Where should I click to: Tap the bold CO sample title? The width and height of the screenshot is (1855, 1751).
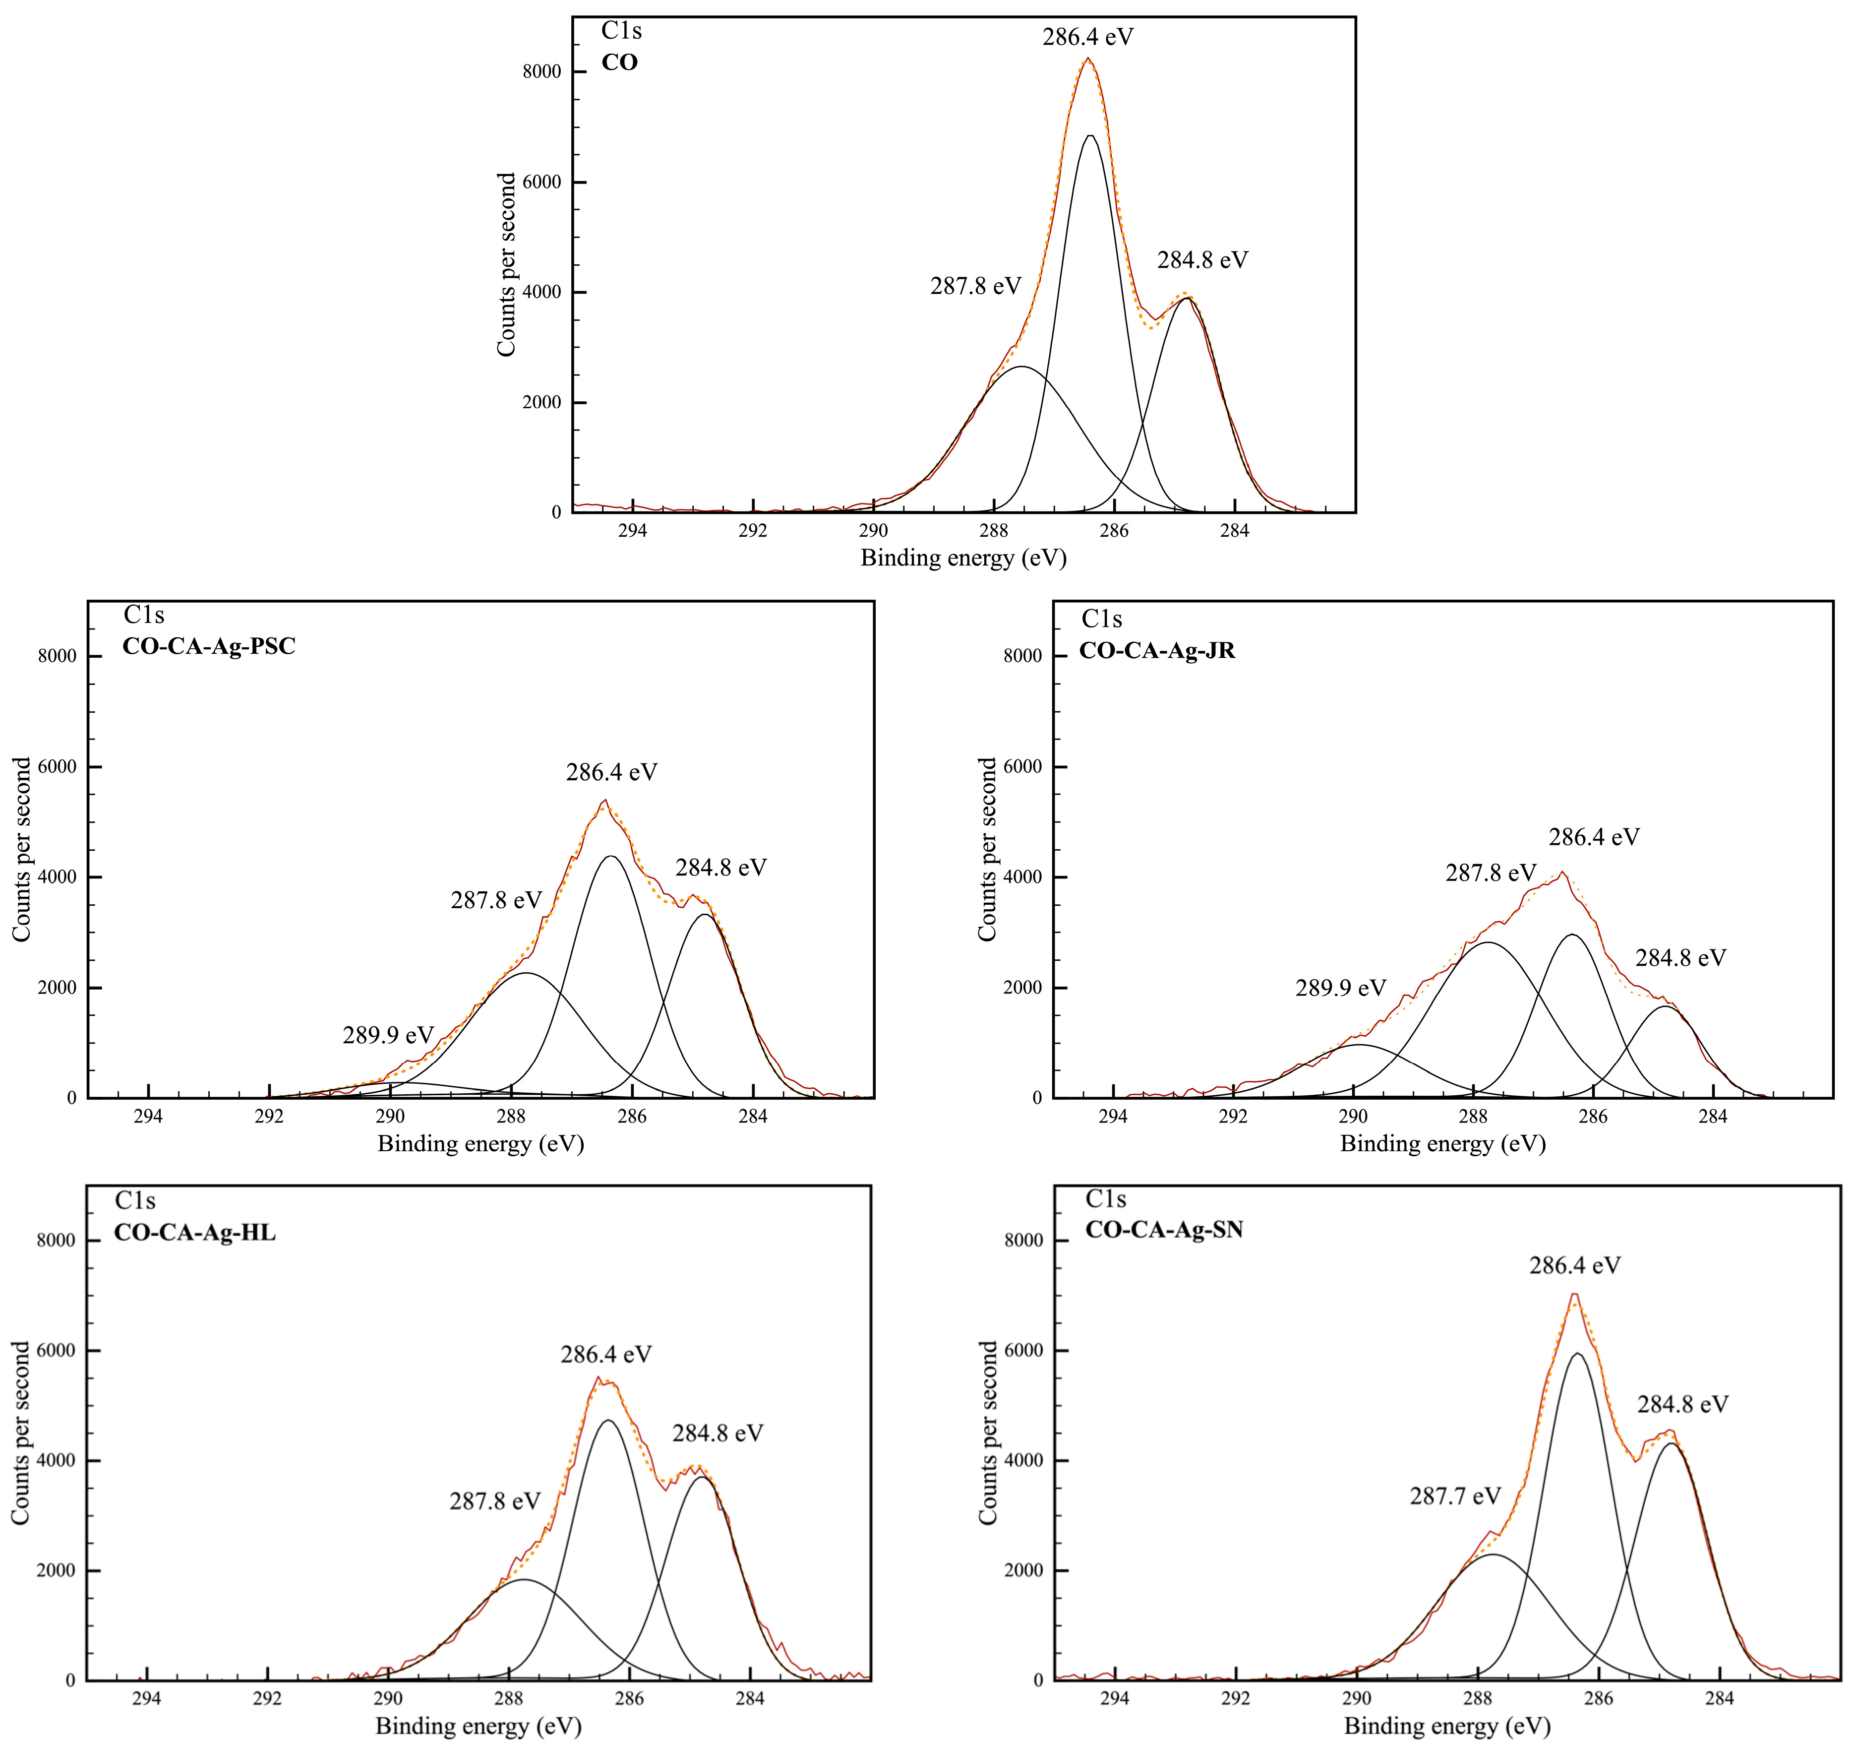[620, 63]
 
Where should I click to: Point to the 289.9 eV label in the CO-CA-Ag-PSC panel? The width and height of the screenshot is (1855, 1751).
[388, 1034]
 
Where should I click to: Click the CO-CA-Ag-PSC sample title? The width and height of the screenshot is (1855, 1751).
[209, 646]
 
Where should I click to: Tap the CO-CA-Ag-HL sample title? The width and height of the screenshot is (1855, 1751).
[195, 1232]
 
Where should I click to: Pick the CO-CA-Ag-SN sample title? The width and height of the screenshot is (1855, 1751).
[1164, 1229]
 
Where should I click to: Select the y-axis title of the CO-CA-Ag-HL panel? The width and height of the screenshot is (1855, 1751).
[20, 1433]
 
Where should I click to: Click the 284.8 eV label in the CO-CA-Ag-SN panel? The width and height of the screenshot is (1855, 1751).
[1682, 1404]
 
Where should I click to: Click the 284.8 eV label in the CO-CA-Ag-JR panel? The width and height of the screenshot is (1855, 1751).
[1680, 958]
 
